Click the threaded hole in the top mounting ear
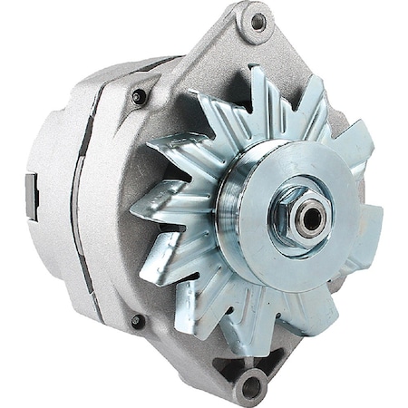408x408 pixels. pos(258,21)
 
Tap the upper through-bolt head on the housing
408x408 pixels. pos(139,96)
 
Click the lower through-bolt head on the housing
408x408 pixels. pos(137,321)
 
